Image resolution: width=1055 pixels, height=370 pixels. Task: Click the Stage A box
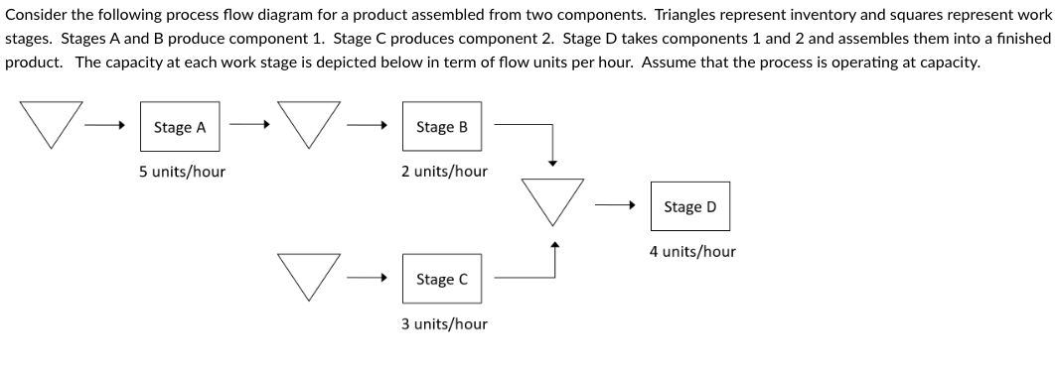pos(180,127)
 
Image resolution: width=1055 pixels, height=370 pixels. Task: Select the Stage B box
pos(441,127)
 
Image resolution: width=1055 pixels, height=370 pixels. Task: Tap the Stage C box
pos(441,280)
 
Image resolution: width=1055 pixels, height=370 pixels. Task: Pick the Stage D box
pos(689,206)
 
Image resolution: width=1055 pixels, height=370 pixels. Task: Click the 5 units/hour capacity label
pos(182,172)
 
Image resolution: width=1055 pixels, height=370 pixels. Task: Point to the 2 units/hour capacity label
pos(444,172)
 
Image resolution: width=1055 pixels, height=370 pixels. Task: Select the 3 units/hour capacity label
pos(444,324)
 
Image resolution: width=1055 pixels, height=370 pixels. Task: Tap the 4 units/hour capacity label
pos(692,252)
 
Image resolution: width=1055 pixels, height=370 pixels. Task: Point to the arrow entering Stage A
pos(104,126)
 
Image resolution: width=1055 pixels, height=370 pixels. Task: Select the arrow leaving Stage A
pos(249,126)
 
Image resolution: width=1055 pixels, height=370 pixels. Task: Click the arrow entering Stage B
pos(367,126)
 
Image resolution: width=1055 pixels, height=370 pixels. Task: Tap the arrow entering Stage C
pos(367,279)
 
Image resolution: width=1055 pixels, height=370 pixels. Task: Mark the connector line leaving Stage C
pos(525,279)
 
